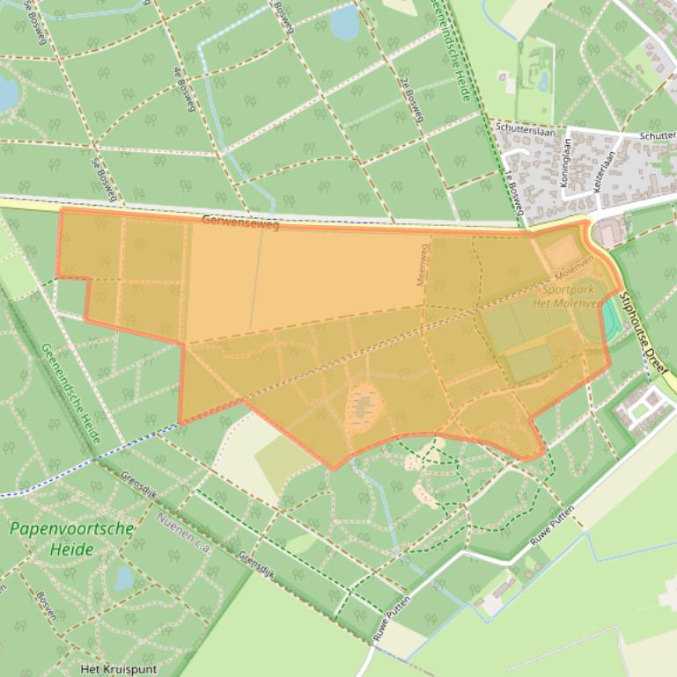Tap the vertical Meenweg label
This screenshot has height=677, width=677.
pyautogui.click(x=422, y=265)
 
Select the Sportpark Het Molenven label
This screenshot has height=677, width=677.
pyautogui.click(x=567, y=296)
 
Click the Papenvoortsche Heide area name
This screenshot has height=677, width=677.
pyautogui.click(x=72, y=538)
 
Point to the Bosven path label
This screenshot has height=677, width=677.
pyautogui.click(x=46, y=606)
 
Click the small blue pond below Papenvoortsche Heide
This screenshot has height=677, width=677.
pyautogui.click(x=124, y=578)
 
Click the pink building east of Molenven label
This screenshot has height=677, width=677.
pyautogui.click(x=607, y=234)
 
